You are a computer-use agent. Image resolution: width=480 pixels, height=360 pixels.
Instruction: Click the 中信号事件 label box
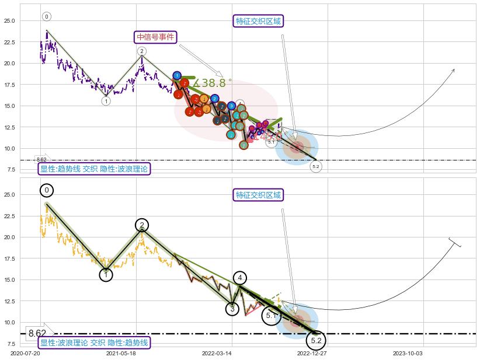click(x=155, y=37)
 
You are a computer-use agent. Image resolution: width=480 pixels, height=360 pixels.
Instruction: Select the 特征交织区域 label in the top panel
click(x=258, y=22)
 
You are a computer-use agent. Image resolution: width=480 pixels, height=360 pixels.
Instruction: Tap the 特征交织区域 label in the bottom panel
click(x=258, y=195)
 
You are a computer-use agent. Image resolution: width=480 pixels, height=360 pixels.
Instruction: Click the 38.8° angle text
click(x=213, y=83)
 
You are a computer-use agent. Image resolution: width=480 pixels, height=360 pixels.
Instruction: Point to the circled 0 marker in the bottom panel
click(x=47, y=190)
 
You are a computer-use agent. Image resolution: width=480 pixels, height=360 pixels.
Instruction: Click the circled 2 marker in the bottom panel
click(x=142, y=225)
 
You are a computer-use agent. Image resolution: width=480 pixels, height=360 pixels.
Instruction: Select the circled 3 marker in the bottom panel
click(x=232, y=309)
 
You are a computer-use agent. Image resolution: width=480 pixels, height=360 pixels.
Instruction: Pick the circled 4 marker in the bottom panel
click(x=240, y=278)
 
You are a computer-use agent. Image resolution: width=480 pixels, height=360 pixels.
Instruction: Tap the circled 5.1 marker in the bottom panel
click(x=271, y=316)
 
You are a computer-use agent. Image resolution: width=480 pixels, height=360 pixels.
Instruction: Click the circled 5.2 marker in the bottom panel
click(x=316, y=340)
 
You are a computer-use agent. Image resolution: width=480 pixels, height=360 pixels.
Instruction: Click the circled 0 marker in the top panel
click(x=47, y=17)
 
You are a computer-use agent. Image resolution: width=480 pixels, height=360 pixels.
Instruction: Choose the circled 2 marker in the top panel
click(x=142, y=51)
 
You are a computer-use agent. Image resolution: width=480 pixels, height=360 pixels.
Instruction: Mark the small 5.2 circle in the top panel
click(x=316, y=167)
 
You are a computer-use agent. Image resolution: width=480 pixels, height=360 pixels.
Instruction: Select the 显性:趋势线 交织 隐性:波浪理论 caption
click(x=94, y=169)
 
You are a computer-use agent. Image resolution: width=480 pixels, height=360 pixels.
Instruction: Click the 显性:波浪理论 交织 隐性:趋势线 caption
click(x=94, y=342)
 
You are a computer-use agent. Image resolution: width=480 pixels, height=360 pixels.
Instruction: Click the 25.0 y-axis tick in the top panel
click(x=10, y=20)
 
